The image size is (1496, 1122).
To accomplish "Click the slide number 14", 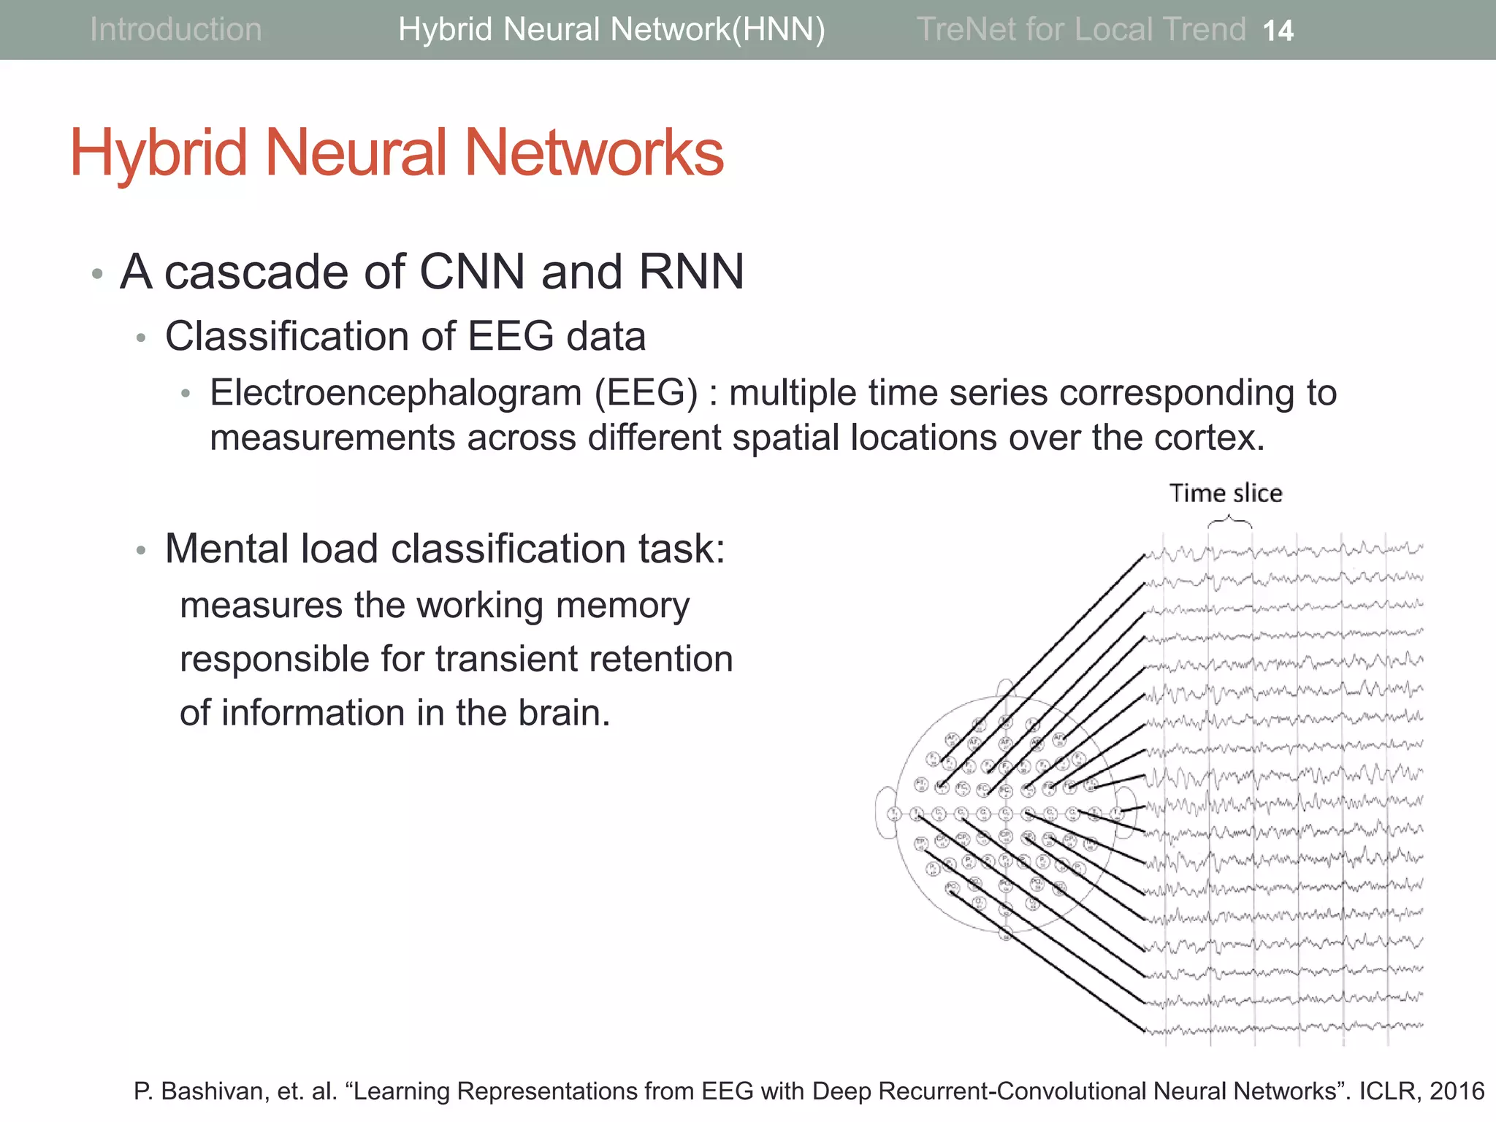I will tap(1278, 31).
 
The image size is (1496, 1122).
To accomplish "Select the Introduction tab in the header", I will tap(175, 29).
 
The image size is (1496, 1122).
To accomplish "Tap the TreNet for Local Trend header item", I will tap(1080, 29).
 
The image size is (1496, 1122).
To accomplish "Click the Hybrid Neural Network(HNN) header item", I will tap(611, 29).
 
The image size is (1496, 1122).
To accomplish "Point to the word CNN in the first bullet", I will tap(472, 272).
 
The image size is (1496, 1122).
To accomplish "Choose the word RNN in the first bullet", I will tap(691, 272).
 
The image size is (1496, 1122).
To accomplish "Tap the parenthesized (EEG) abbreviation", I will tap(646, 393).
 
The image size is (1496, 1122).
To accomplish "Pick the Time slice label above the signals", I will tap(1226, 493).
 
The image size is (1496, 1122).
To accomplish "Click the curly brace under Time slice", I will tap(1229, 522).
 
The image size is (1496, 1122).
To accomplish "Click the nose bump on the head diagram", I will tap(1006, 687).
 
